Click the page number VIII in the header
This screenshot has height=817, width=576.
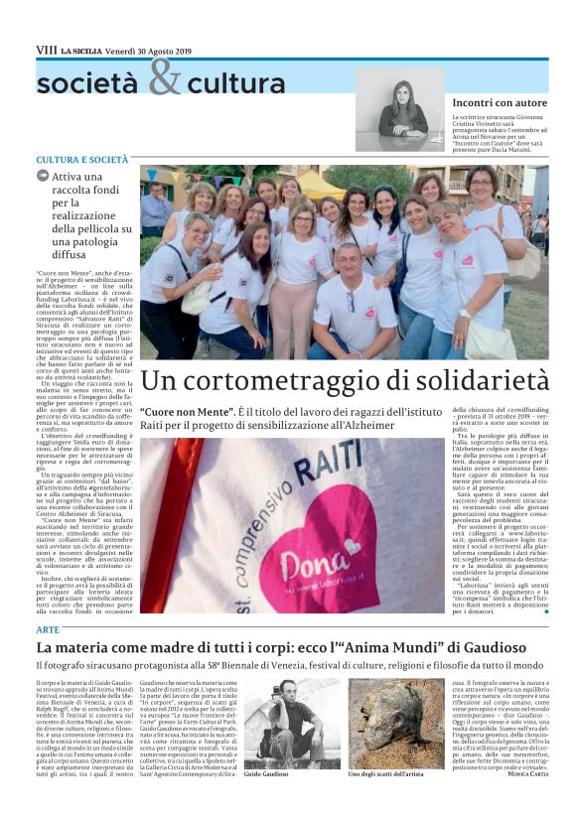point(45,50)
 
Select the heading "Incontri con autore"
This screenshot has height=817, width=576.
point(499,102)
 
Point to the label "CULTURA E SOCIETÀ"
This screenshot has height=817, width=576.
point(82,159)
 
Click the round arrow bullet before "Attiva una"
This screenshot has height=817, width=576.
point(43,176)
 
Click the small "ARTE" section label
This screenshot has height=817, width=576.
point(47,630)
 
